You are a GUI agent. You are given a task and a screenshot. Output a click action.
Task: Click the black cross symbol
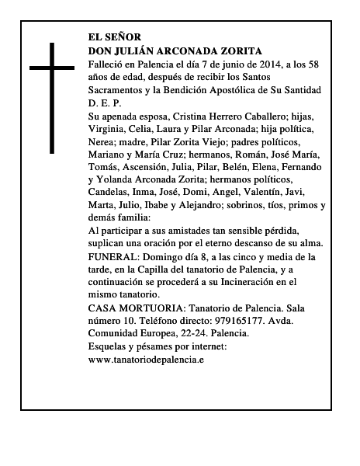click(x=53, y=96)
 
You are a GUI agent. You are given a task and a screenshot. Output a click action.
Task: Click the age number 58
click(x=313, y=63)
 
